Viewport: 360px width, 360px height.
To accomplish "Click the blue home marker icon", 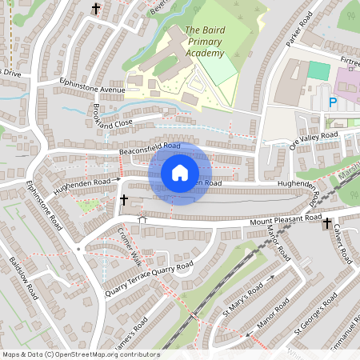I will point(180,173).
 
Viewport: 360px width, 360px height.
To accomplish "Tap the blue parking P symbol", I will point(332,102).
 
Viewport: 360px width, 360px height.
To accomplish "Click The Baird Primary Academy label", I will point(204,42).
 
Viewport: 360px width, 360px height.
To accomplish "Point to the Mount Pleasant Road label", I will point(285,219).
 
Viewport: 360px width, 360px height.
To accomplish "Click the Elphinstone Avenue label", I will point(92,85).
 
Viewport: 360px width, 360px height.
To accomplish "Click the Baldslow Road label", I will point(24,277).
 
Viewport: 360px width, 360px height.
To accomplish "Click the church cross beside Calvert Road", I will point(327,225).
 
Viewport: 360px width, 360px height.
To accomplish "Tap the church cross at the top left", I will point(97,10).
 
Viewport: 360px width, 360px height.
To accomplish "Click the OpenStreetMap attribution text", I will point(81,354).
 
